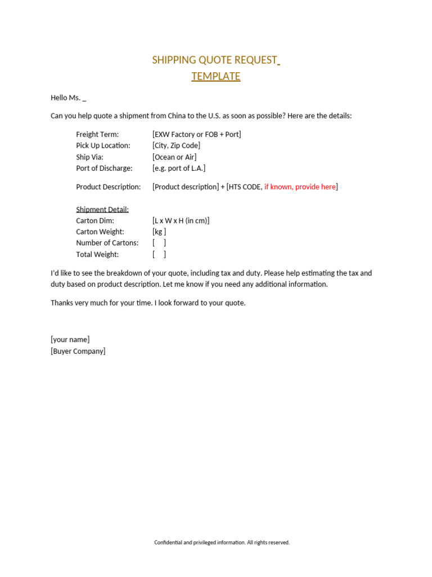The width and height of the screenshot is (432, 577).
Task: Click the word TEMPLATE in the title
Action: [215, 77]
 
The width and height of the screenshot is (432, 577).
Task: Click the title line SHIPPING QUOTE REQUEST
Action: [214, 60]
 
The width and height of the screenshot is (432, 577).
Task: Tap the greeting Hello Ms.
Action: [68, 98]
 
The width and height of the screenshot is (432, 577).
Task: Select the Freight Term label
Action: [97, 135]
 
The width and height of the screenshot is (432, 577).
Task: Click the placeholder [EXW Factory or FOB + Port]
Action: [196, 135]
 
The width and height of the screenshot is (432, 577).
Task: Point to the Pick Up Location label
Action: [103, 146]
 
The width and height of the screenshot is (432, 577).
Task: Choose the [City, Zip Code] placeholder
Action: [176, 146]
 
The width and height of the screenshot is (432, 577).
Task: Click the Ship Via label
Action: [89, 157]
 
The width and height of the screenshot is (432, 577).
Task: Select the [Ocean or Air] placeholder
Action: [174, 157]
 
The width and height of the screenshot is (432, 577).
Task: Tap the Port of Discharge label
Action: [104, 168]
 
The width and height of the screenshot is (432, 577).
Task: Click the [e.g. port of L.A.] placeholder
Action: [179, 168]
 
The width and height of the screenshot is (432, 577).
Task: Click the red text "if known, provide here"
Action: [300, 187]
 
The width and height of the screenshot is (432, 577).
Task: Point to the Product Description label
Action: [108, 187]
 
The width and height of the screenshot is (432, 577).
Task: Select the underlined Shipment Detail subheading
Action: [102, 210]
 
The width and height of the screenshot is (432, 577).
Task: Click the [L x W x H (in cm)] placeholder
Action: [181, 221]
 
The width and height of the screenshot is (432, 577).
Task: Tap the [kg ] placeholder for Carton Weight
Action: [159, 232]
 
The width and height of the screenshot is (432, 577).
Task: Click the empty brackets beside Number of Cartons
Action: [159, 243]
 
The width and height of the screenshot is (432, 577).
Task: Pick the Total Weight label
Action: [97, 255]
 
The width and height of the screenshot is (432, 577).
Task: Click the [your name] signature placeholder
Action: [70, 340]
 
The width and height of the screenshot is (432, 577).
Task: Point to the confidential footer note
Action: [222, 543]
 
